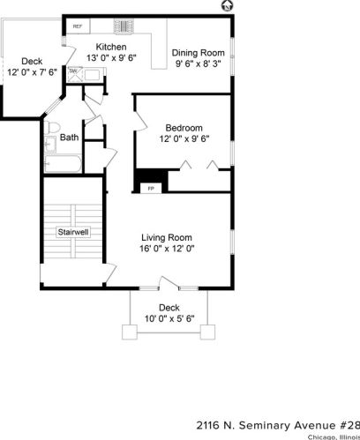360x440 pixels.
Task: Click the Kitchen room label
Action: coord(111,47)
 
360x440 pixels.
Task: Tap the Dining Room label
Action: coord(198,51)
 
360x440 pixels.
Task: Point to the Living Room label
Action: coord(168,237)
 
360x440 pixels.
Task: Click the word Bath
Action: coord(69,137)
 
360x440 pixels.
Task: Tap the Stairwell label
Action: coord(73,233)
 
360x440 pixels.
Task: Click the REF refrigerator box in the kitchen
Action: coord(78,27)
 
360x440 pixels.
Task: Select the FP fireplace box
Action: coord(150,188)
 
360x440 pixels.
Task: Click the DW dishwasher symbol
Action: coord(73,71)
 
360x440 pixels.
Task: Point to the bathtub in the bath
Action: coord(64,162)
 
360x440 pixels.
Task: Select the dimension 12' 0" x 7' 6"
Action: coord(32,72)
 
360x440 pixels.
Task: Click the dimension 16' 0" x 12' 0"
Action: coord(168,249)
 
